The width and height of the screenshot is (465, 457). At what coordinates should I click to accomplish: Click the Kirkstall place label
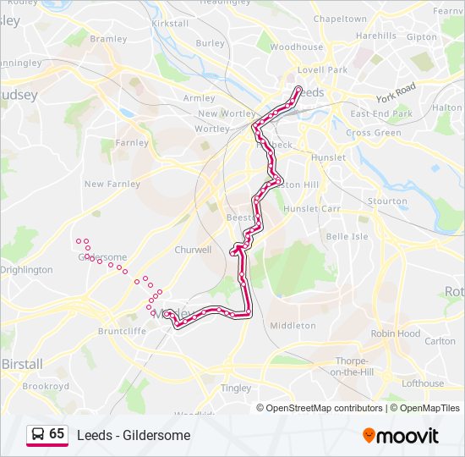pyautogui.click(x=170, y=24)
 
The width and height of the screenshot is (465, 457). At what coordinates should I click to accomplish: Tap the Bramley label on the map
pyautogui.click(x=108, y=39)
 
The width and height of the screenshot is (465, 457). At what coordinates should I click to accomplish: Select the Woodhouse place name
pyautogui.click(x=297, y=47)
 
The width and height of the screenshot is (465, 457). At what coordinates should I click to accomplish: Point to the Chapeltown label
pyautogui.click(x=340, y=19)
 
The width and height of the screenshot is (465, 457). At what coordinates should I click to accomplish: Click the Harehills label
pyautogui.click(x=376, y=36)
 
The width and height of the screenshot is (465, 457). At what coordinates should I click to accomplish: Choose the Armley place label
pyautogui.click(x=200, y=98)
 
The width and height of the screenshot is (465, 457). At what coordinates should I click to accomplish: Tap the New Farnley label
pyautogui.click(x=107, y=184)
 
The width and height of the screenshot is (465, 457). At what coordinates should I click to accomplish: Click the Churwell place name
pyautogui.click(x=193, y=250)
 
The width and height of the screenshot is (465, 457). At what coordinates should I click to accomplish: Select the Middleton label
pyautogui.click(x=293, y=325)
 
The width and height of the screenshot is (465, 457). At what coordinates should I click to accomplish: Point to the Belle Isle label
pyautogui.click(x=347, y=236)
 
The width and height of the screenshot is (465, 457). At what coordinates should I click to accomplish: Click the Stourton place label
pyautogui.click(x=387, y=201)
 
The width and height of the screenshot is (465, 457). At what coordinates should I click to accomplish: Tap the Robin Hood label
pyautogui.click(x=396, y=333)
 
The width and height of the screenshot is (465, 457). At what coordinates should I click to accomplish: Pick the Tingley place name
pyautogui.click(x=236, y=388)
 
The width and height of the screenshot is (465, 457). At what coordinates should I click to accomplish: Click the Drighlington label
pyautogui.click(x=26, y=270)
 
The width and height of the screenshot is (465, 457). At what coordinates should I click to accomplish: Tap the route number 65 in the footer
pyautogui.click(x=57, y=434)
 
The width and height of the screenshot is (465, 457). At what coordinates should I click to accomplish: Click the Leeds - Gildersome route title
pyautogui.click(x=134, y=435)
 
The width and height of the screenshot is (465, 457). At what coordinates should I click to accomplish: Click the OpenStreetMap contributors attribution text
pyautogui.click(x=325, y=408)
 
